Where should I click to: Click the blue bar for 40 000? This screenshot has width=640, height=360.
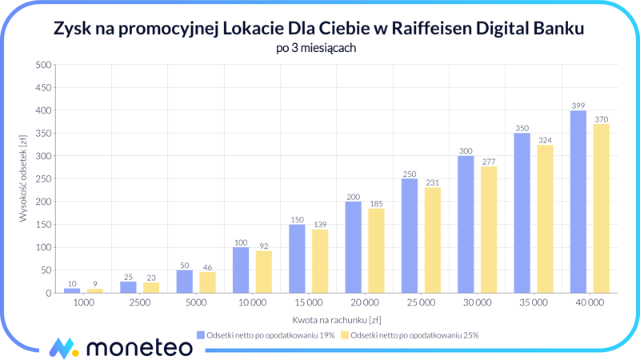tap(578, 202)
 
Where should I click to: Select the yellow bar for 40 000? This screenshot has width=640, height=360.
tap(601, 209)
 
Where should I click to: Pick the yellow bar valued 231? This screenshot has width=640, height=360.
tap(432, 240)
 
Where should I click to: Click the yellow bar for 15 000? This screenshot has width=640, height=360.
tap(320, 262)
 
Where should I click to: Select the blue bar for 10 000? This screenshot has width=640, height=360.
tap(241, 270)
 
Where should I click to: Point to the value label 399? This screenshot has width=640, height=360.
tap(578, 106)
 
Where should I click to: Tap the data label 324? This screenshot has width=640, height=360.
tap(545, 140)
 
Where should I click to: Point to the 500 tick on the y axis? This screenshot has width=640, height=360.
tap(42, 65)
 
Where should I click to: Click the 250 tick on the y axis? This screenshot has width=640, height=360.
tap(42, 179)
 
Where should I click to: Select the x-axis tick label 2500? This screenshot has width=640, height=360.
tap(140, 303)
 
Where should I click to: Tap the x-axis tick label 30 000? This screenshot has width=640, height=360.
tap(477, 303)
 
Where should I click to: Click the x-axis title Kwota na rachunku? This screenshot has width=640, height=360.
tap(337, 319)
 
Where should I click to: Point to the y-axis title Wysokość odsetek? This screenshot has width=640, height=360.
tap(23, 178)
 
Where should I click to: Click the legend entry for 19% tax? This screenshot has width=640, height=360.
tap(265, 335)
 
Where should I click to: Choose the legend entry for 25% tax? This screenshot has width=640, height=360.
tap(409, 335)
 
